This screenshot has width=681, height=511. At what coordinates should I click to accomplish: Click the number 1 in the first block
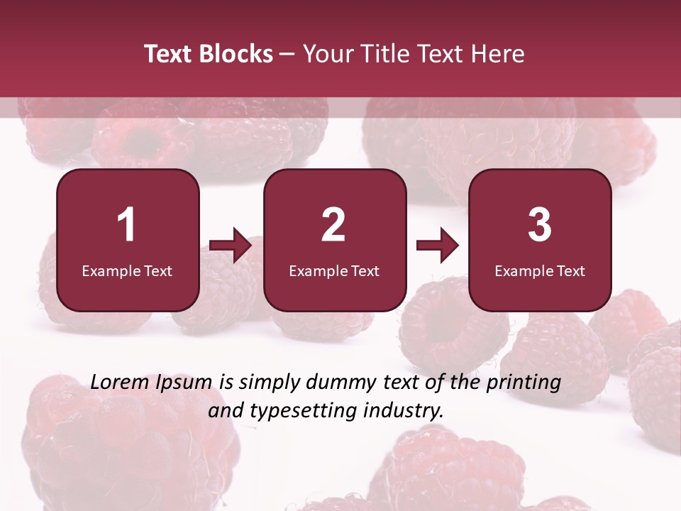pos(127,225)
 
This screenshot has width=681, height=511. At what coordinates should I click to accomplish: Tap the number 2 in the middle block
pos(333,225)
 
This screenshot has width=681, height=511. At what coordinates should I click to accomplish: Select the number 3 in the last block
pos(540,225)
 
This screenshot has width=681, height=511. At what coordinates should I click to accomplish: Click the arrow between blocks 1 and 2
pos(231,246)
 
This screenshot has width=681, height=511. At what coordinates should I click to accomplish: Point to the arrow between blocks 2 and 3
pos(437,246)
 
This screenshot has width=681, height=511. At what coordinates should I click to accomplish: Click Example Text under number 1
pos(127,270)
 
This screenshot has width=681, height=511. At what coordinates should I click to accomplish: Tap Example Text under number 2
pos(334,270)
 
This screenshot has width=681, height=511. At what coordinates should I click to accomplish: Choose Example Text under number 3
pos(540,270)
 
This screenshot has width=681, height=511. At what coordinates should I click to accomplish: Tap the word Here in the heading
pos(499,54)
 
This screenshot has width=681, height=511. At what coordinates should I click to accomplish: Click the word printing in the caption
pos(524,383)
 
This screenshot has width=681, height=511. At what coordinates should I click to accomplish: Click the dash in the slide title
pos(287,54)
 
